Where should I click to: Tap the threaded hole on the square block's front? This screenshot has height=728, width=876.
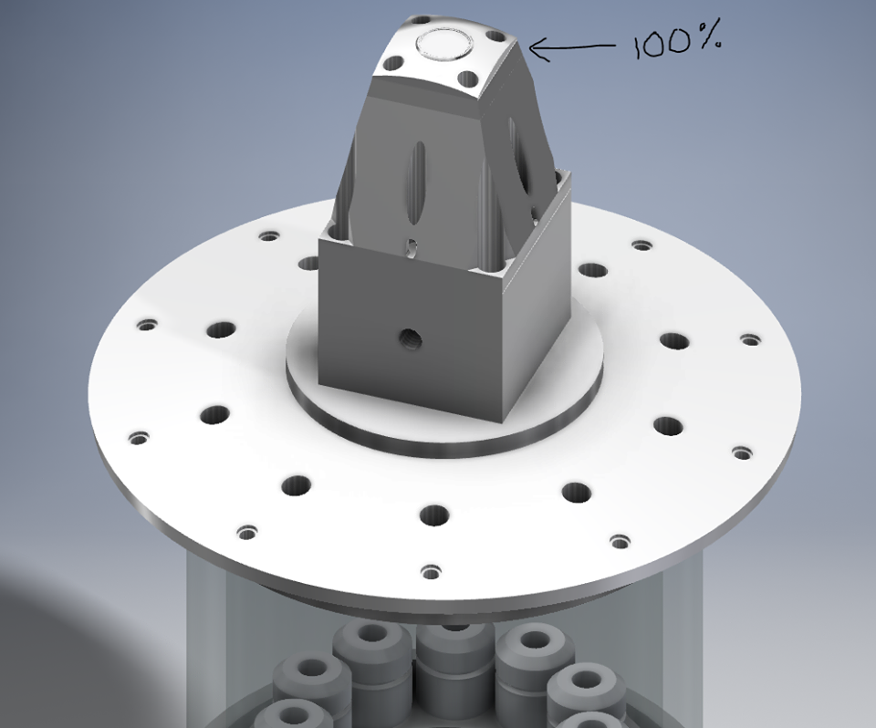pos(410,338)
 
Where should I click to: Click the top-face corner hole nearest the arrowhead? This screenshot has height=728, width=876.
pos(494,36)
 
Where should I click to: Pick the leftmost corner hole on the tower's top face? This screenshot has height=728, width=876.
pos(394,63)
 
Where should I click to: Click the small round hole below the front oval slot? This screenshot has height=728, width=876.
pos(412,247)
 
